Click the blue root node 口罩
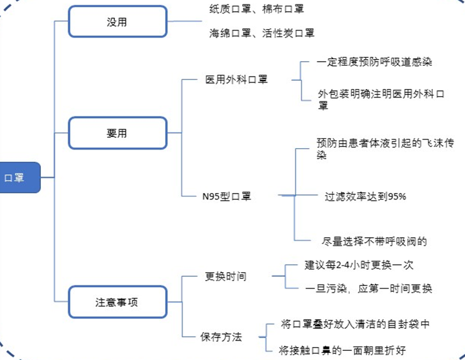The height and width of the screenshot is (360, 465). coord(19,177)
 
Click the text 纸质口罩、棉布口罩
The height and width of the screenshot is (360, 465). coord(257,9)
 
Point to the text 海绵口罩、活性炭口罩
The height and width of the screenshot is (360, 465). coord(262,32)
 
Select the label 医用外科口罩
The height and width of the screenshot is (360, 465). coord(236,80)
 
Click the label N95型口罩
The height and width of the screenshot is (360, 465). coord(227,196)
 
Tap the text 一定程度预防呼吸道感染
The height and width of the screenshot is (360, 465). coord(375,62)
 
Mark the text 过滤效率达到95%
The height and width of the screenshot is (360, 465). coord(365,196)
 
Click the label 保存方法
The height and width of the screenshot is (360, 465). coord(221,337)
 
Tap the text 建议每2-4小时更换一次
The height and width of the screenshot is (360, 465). coord(359,265)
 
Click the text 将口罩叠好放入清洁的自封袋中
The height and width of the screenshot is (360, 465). coord(356,324)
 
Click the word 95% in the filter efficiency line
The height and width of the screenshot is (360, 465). coord(396,196)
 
